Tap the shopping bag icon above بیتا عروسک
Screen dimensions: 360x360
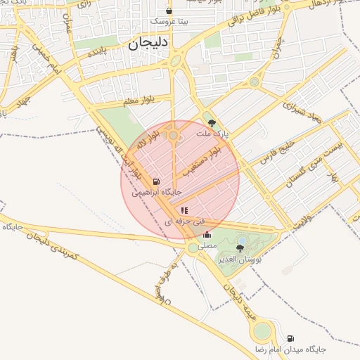coord(169,11)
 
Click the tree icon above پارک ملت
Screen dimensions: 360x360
coord(213,122)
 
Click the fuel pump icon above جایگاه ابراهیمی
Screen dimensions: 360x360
coord(155,181)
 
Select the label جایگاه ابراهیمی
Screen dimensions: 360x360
coord(162,191)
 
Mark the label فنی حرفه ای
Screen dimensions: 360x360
coord(185,221)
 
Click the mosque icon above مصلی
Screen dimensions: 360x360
coord(207,235)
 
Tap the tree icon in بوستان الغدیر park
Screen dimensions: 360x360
coord(240,248)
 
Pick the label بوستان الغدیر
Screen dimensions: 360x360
coord(240,259)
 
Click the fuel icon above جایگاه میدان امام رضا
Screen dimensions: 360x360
coord(291,338)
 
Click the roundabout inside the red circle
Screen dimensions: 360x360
coord(174,134)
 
